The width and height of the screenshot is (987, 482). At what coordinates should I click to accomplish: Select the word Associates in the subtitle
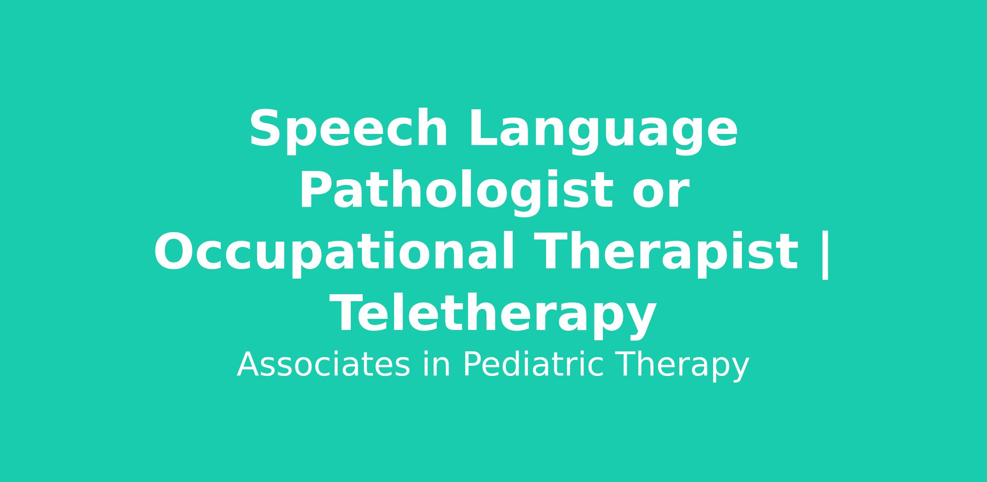[x=324, y=365]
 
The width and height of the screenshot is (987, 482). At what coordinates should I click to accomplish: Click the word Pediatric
[x=533, y=364]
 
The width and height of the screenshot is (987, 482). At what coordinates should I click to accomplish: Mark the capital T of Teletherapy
[x=347, y=312]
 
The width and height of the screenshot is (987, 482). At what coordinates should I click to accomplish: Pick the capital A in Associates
[x=249, y=364]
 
